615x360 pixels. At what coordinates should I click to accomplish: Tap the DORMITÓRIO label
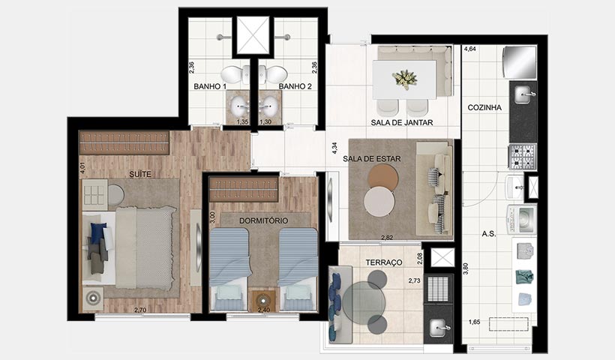pos(264,221)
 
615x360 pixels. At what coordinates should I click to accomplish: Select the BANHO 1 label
pos(209,87)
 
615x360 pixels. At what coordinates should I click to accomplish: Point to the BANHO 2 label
pos(295,87)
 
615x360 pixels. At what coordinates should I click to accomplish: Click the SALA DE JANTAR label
pos(402,122)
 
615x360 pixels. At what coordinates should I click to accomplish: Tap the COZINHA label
pos(484,107)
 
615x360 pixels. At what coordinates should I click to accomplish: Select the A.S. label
pos(489,233)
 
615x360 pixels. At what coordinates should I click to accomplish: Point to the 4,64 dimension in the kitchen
pos(470,49)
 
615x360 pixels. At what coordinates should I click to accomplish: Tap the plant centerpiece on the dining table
pos(406,78)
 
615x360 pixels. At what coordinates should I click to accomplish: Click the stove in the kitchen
pos(523,157)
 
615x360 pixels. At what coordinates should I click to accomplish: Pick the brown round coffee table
pos(383,177)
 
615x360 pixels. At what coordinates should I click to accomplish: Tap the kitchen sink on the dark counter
pos(523,95)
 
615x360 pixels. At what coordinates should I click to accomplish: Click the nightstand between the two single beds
pos(264,299)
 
